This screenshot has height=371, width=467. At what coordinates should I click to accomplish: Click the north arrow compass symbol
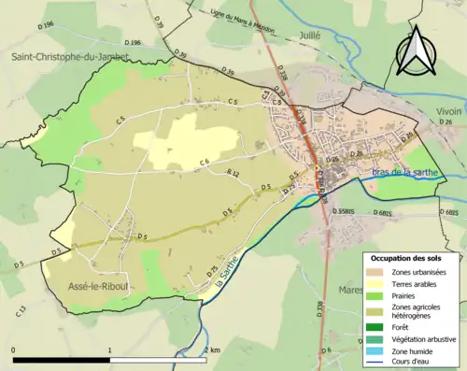416,50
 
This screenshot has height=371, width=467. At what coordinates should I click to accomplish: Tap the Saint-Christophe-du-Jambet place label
69,57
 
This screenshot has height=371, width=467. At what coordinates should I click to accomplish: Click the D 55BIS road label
348,213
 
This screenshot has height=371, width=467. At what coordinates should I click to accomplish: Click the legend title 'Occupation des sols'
405,259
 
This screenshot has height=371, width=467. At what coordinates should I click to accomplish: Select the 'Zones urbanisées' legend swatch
376,272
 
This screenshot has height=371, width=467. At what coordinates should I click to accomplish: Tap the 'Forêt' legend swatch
376,327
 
